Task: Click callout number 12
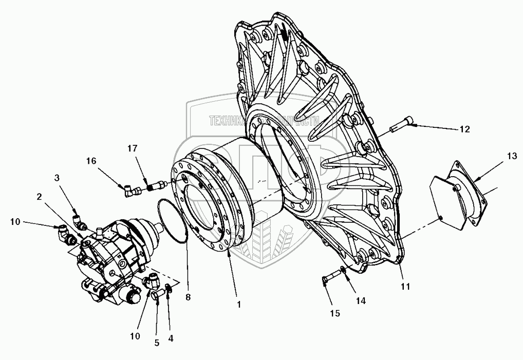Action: point(464,129)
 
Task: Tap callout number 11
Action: point(406,287)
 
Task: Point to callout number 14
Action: point(362,301)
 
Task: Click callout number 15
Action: point(335,313)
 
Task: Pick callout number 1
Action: point(239,304)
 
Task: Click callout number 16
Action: point(90,161)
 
